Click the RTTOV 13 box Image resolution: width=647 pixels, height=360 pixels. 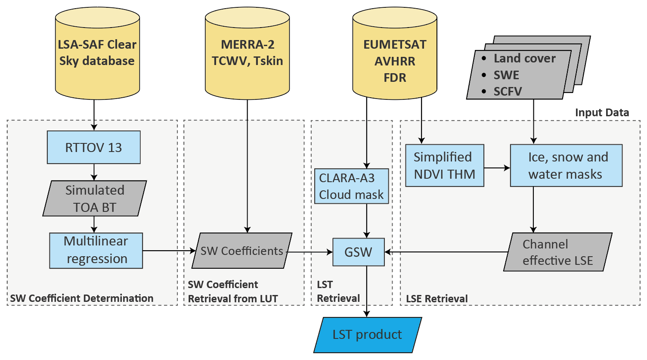[93, 147]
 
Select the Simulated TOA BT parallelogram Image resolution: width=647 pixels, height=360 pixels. [95, 199]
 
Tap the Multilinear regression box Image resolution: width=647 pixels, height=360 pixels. [96, 250]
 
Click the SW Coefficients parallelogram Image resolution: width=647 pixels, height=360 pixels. [241, 251]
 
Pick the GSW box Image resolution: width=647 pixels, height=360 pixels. [358, 252]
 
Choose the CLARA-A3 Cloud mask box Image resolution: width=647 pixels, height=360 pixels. [351, 186]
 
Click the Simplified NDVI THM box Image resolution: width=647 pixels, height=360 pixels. [444, 165]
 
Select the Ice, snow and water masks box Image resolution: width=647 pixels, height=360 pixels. [566, 165]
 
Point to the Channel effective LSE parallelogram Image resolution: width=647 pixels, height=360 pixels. [557, 252]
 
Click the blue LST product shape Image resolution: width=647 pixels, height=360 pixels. [367, 335]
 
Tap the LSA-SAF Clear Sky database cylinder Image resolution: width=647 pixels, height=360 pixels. [97, 53]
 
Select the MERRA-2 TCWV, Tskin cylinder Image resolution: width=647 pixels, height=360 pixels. [247, 53]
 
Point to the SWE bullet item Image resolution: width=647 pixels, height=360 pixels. [506, 75]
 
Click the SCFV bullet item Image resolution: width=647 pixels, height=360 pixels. [508, 91]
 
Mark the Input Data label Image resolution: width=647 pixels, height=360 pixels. [602, 113]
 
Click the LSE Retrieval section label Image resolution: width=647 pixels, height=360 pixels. [436, 298]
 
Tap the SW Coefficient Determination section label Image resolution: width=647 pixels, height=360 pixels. [82, 298]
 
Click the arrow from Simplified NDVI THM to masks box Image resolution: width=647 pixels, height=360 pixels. [497, 168]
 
